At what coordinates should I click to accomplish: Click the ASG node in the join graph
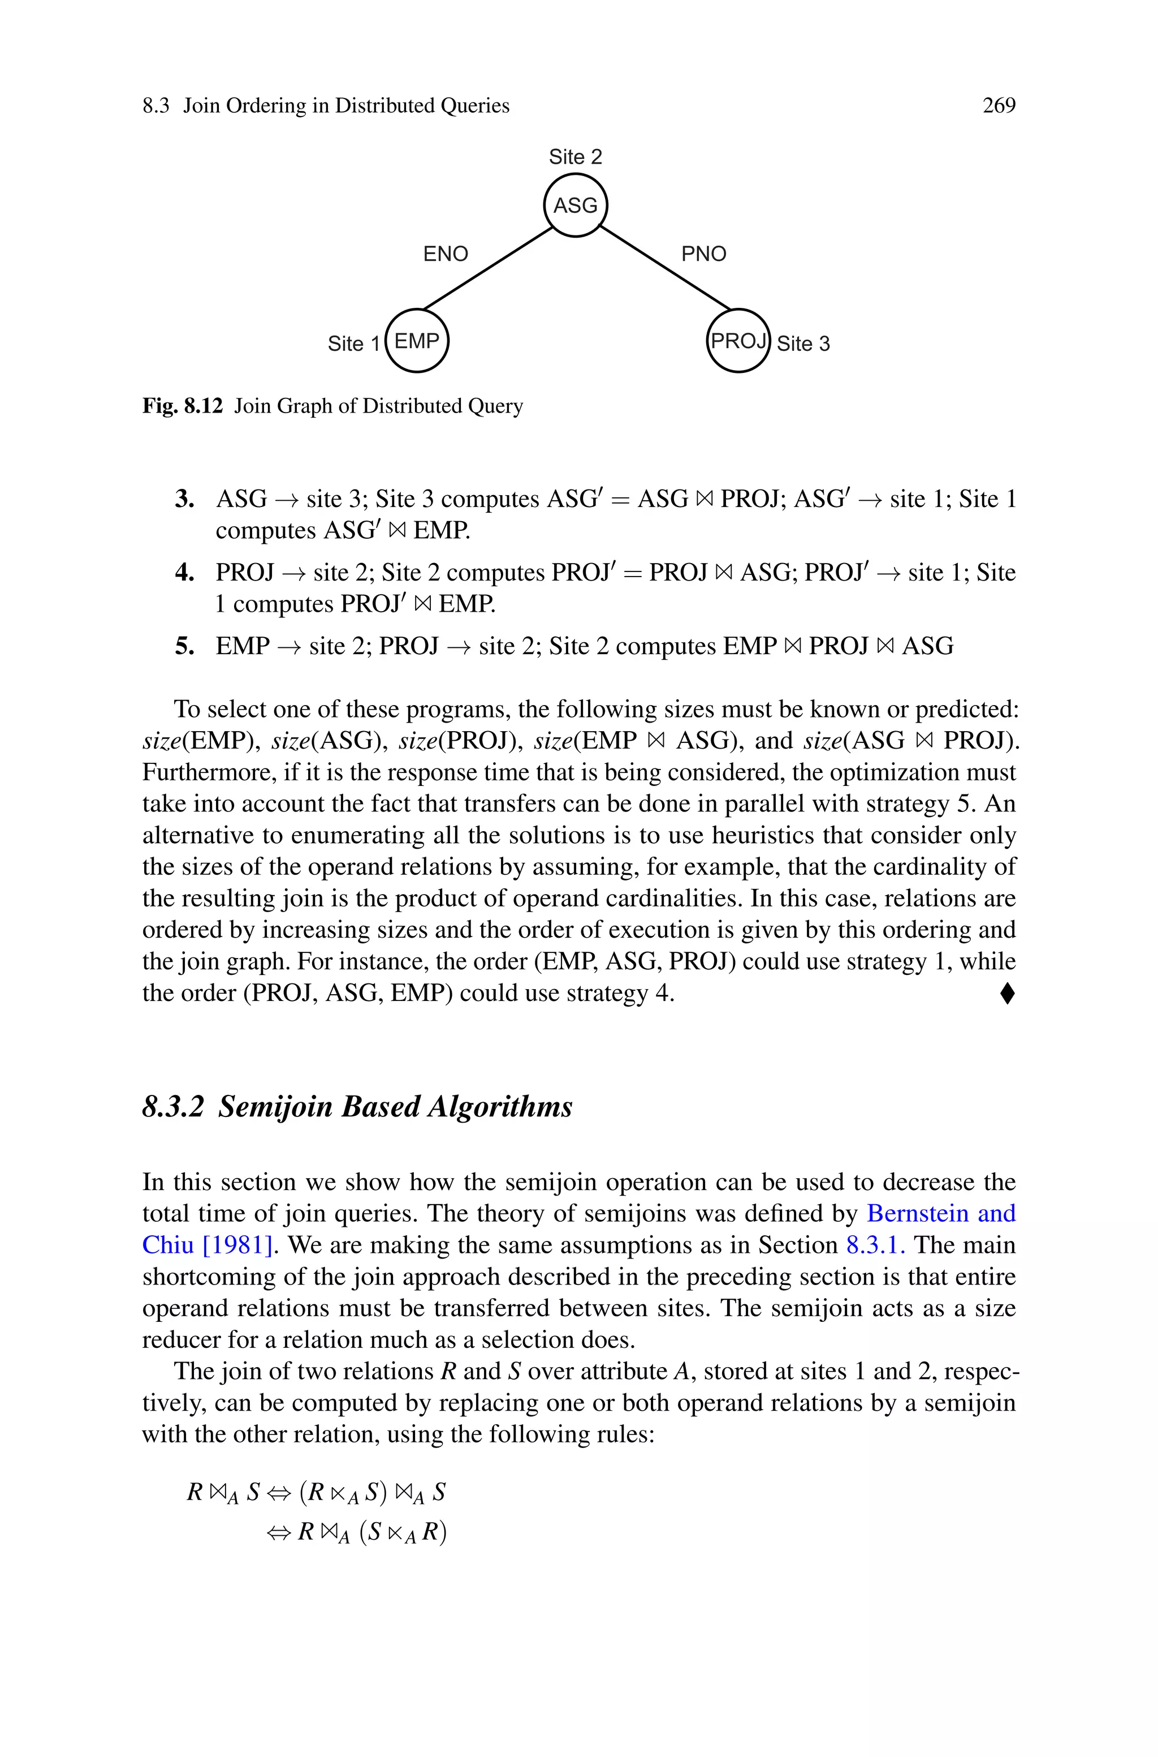(575, 205)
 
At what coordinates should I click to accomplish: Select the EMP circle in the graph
(417, 341)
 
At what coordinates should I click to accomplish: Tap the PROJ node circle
(738, 341)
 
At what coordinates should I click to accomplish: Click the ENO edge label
(446, 254)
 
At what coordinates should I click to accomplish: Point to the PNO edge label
(704, 254)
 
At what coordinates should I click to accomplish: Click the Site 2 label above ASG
(575, 157)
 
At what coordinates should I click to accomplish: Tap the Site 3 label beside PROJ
(803, 344)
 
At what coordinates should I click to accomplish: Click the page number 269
(999, 106)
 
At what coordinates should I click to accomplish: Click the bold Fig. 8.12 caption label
(183, 406)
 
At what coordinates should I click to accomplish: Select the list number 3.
(185, 500)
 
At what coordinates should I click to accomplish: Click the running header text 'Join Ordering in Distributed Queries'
(347, 106)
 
